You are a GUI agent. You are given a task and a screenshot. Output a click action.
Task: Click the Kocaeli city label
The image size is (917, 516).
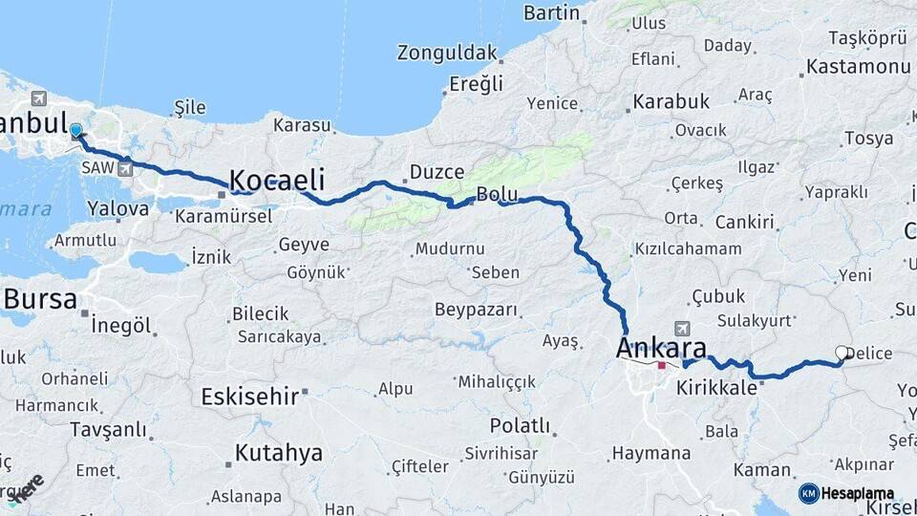(x=277, y=181)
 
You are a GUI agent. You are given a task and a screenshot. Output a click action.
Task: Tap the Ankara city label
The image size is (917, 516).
(x=661, y=347)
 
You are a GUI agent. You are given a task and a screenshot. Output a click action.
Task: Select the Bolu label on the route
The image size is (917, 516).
(x=497, y=195)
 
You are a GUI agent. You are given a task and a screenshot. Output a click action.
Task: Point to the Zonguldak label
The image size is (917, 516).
(x=448, y=53)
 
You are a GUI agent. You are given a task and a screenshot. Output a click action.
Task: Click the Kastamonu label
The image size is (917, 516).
(x=858, y=67)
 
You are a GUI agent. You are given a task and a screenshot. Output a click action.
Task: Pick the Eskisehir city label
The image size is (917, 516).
(x=251, y=396)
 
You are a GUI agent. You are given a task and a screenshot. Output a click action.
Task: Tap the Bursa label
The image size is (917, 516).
(x=40, y=299)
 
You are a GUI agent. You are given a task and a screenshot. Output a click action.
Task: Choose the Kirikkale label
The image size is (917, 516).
(x=717, y=388)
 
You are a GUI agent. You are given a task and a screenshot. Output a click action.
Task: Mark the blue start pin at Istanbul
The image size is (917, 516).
(x=76, y=131)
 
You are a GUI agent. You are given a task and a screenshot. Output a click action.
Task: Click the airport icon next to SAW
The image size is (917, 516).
(x=125, y=169)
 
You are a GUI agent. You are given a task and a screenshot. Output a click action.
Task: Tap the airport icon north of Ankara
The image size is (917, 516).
(x=680, y=328)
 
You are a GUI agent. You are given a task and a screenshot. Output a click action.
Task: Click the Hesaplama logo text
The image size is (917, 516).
(x=858, y=493)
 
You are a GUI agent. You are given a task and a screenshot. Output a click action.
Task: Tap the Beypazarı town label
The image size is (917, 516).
(x=476, y=310)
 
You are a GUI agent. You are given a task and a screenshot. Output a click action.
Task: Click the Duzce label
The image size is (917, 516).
(x=437, y=172)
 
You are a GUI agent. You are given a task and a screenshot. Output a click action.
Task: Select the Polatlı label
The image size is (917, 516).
(x=519, y=425)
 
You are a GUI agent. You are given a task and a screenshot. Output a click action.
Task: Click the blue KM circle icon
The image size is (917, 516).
(x=808, y=493)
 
